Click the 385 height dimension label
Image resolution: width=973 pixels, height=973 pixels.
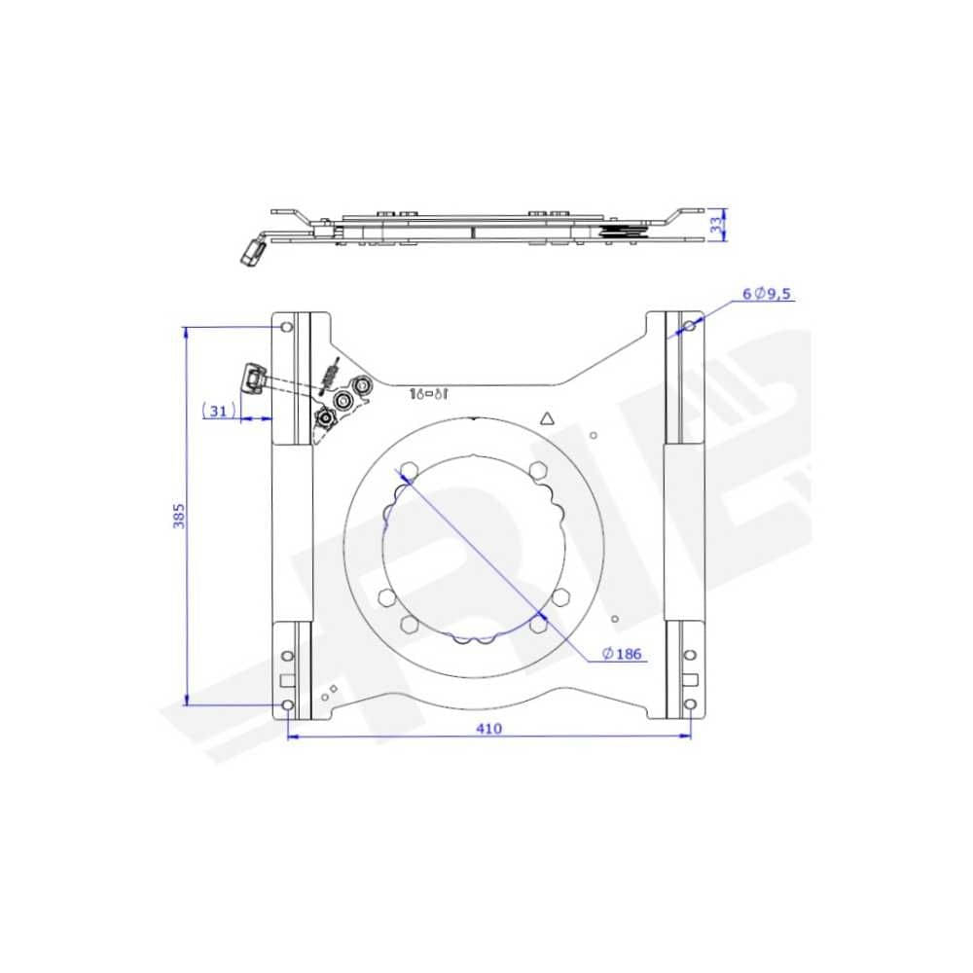(x=179, y=515)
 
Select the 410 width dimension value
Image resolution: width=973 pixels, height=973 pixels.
(x=489, y=729)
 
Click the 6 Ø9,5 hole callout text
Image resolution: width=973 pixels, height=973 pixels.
(x=769, y=293)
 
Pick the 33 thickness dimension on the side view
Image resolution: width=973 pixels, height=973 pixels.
(x=717, y=226)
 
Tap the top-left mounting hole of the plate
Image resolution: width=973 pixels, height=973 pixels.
(x=285, y=326)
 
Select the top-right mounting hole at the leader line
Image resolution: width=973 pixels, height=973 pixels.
(x=689, y=324)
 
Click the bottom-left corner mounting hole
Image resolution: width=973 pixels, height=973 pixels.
(x=286, y=703)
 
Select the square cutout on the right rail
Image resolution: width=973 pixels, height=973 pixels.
(x=691, y=679)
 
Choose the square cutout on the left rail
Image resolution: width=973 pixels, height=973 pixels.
(x=286, y=680)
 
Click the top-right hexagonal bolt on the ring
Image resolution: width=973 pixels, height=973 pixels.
(x=537, y=472)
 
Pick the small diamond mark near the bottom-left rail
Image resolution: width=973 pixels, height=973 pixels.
(x=334, y=689)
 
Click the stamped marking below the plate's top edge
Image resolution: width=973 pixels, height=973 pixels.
(x=427, y=394)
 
